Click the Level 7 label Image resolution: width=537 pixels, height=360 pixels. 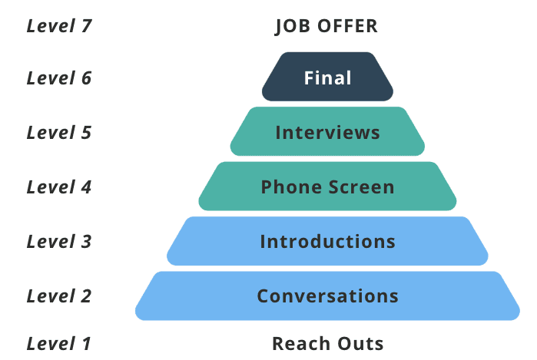pos(59,26)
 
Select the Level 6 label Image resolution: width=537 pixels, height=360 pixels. pos(59,78)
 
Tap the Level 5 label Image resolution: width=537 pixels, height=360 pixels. pos(59,133)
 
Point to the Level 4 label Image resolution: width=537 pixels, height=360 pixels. pos(59,187)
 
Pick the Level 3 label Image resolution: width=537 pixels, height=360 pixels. pos(59,242)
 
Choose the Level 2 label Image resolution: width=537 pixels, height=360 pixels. pos(59,296)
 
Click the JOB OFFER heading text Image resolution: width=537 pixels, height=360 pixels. pos(327,26)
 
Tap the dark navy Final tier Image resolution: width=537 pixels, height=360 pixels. pos(327,78)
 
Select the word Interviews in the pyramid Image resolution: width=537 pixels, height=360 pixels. pos(327,132)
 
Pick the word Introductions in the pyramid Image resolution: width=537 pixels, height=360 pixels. pos(327,242)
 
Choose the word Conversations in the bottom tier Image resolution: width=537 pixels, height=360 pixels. pos(327,296)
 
